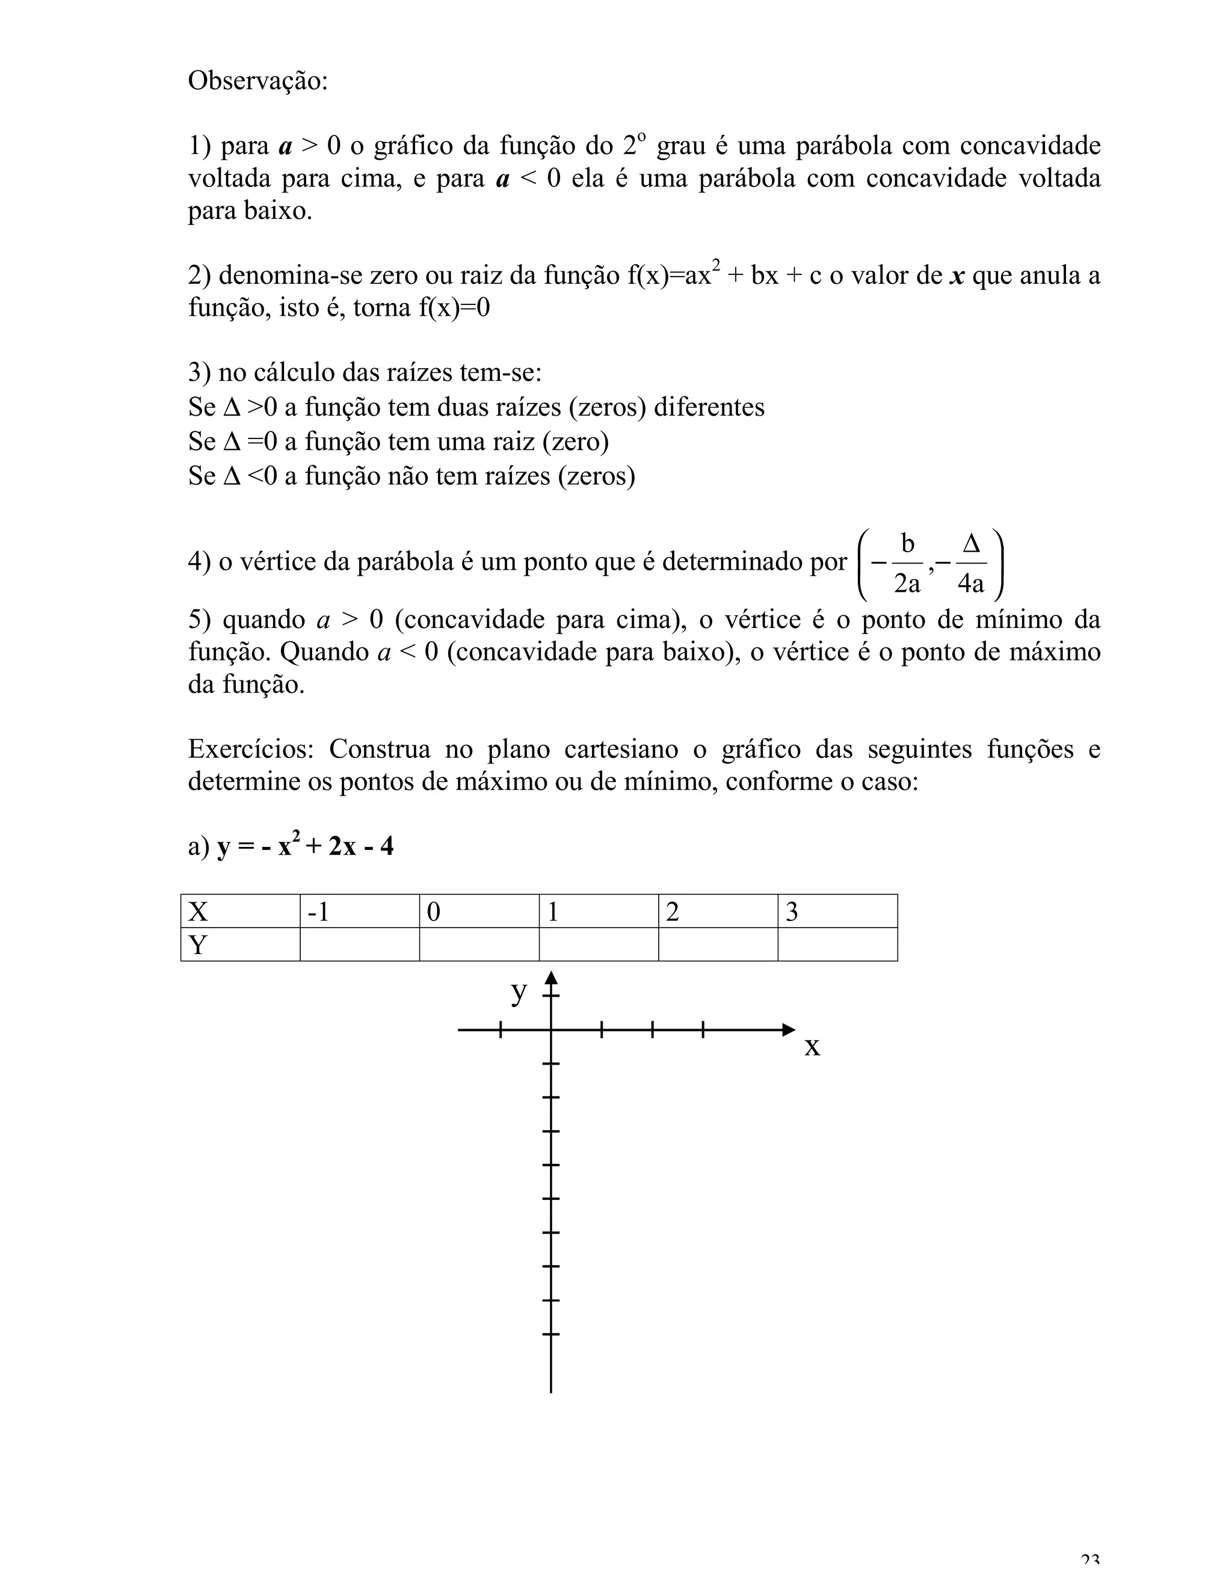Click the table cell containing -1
359,911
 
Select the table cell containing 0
479,911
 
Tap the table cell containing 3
837,911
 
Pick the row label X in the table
240,911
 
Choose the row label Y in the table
240,945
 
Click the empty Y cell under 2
718,945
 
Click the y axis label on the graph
518,992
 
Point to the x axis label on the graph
812,1047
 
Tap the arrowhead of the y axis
551,977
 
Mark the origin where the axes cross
551,1030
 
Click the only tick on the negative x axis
500,1030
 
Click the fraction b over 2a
907,564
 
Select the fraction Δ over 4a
971,564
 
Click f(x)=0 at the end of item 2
454,308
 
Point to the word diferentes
709,407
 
